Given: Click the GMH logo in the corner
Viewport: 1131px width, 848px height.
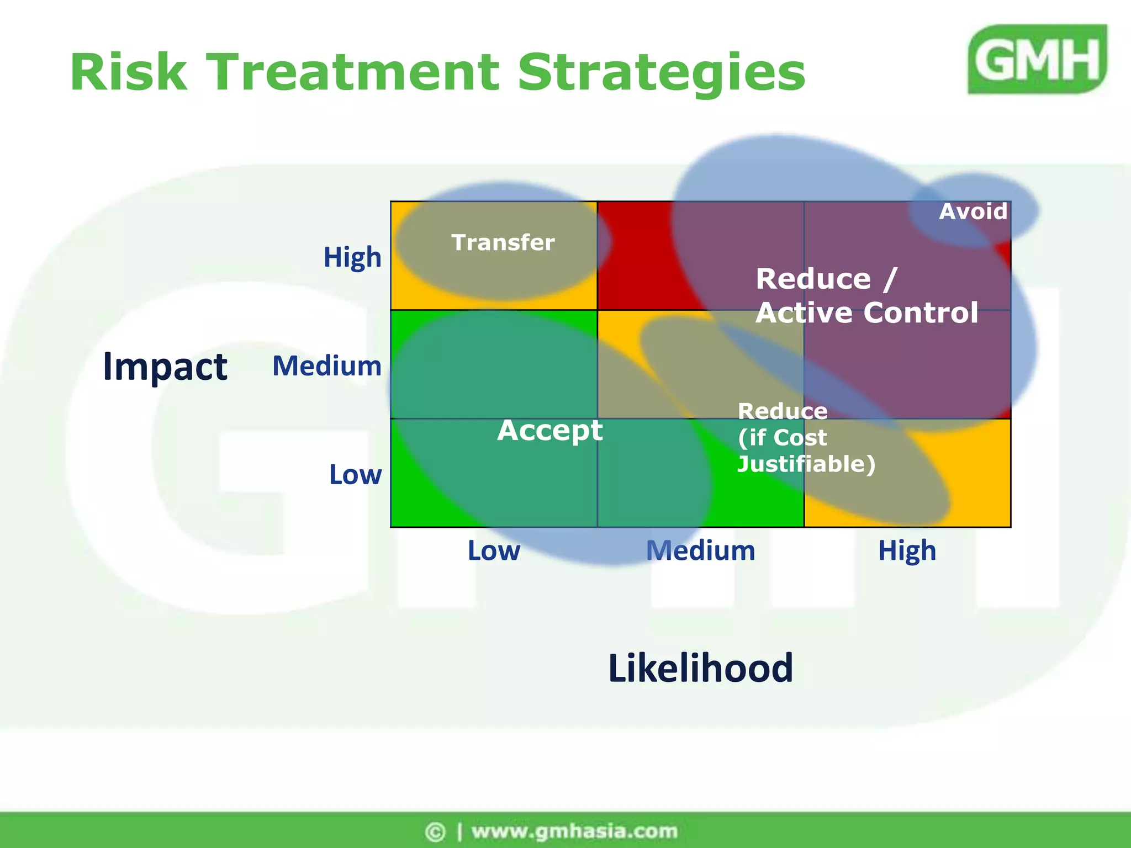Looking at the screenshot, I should (1037, 59).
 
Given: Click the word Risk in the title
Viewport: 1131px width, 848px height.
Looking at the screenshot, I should (128, 72).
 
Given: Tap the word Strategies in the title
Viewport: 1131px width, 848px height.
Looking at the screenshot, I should (661, 73).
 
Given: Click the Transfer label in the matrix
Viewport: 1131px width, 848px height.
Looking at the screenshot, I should (503, 243).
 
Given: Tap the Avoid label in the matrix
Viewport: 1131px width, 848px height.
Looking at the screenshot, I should (973, 211).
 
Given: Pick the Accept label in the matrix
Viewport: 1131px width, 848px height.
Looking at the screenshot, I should (549, 431).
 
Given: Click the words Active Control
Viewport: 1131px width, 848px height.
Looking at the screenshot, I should (866, 312).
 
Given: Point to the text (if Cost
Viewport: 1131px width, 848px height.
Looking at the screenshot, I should (782, 438).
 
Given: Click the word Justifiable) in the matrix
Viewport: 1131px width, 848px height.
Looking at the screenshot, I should (806, 464).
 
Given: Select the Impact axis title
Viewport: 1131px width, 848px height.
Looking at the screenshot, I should (165, 367).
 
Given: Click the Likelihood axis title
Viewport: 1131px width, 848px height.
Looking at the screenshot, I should (700, 668).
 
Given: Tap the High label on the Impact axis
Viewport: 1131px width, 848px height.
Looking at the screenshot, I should (352, 257).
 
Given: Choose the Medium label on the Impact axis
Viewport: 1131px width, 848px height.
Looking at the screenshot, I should (327, 366).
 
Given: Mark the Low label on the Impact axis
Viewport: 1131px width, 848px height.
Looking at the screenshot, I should (355, 475).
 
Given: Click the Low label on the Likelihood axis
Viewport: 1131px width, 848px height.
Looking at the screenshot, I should (494, 551).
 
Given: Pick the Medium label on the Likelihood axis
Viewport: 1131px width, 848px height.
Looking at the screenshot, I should (700, 551).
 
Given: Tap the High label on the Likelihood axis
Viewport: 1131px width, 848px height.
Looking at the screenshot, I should (907, 551).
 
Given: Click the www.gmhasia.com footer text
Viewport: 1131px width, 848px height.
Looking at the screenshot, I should (574, 831).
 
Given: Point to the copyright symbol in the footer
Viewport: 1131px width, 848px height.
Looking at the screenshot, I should (435, 831).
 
